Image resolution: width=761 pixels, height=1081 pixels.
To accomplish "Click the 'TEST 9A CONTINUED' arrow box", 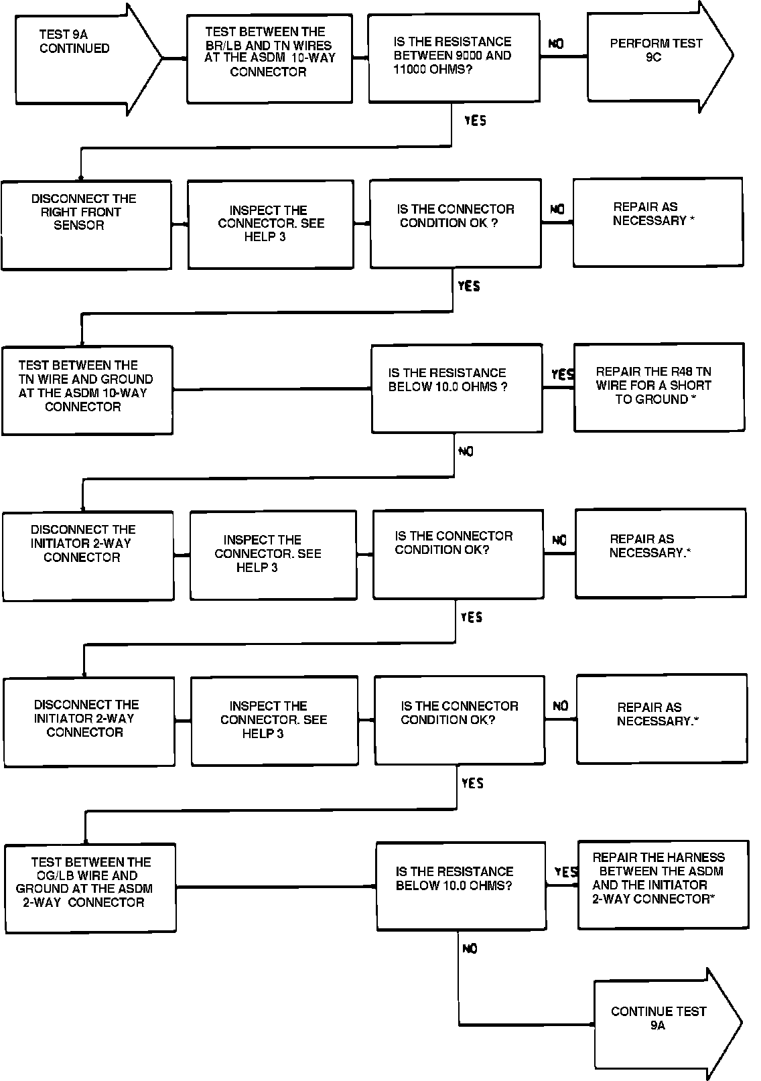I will point(80,58).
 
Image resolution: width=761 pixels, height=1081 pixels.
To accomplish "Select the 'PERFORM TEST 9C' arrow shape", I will point(656,52).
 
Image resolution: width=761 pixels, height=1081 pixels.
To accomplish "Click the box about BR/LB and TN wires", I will point(269,58).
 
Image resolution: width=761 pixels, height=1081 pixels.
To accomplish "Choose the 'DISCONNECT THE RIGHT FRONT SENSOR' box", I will point(86,224).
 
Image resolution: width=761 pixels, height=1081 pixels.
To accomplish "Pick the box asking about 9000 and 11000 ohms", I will point(454,58).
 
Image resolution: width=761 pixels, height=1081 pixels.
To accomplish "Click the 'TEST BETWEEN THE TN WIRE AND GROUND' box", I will point(87,390).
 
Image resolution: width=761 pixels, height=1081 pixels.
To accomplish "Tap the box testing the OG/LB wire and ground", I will point(90,887).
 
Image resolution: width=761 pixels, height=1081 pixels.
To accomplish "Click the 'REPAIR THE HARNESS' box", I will point(662,884).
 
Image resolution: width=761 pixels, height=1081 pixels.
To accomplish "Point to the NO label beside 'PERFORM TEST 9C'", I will point(556,44).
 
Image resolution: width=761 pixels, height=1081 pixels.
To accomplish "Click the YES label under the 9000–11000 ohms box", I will point(475,121).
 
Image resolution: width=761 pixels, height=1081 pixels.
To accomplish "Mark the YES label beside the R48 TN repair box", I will point(561,374).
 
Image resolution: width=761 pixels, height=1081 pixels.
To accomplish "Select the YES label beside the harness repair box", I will point(565,872).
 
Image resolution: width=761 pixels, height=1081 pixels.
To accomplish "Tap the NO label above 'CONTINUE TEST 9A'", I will point(470,948).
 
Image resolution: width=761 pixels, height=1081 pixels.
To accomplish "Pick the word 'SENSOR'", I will point(79,226).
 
